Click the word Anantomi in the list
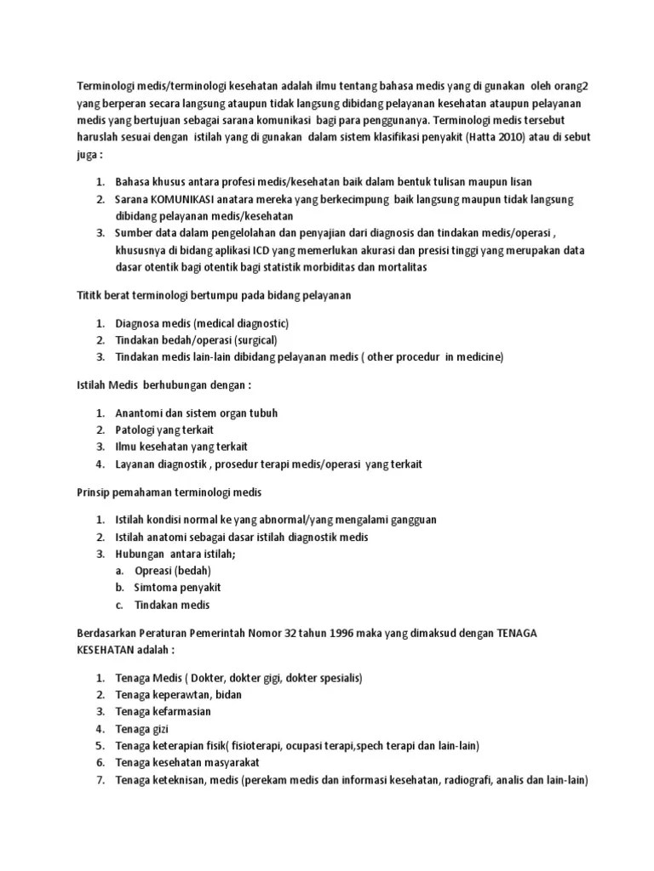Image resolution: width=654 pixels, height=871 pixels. point(141,413)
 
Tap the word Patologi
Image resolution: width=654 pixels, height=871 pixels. point(136,430)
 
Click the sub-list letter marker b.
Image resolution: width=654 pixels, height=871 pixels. point(121,588)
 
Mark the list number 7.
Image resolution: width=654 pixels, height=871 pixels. point(100,780)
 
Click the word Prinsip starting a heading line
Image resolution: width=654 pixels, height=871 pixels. point(86,493)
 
